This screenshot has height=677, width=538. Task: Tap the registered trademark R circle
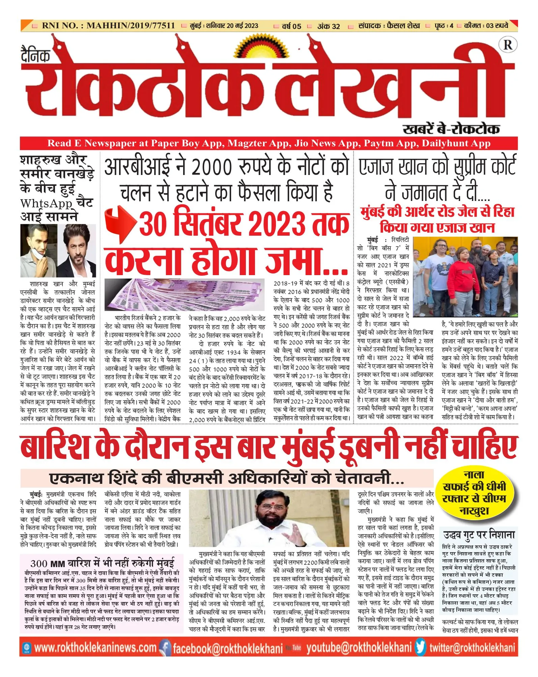coord(508,45)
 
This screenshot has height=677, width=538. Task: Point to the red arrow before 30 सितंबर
coord(120,224)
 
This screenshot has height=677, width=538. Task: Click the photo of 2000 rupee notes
coord(185,295)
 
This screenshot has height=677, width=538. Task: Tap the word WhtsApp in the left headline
coord(46,204)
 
